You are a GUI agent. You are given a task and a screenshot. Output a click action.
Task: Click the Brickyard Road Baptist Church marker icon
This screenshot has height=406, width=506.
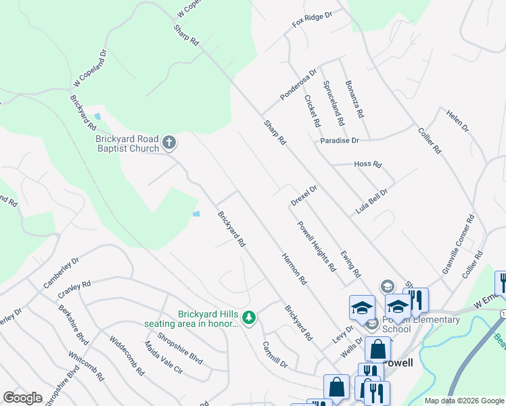169,143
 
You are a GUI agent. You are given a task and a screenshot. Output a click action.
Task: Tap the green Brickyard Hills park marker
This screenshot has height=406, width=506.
250,317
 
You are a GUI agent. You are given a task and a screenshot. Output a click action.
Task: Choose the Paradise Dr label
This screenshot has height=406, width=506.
340,140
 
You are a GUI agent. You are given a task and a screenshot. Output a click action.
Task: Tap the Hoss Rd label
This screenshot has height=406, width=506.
367,164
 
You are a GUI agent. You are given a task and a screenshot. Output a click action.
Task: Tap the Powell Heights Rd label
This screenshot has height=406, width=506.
316,246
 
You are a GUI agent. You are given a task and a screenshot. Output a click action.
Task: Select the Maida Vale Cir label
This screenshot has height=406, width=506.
163,357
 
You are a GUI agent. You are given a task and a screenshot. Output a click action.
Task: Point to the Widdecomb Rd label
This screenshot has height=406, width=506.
127,357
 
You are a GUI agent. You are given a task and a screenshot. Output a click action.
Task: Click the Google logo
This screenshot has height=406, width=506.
22,398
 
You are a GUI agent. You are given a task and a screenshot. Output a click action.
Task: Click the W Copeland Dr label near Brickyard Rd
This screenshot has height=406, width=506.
91,68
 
